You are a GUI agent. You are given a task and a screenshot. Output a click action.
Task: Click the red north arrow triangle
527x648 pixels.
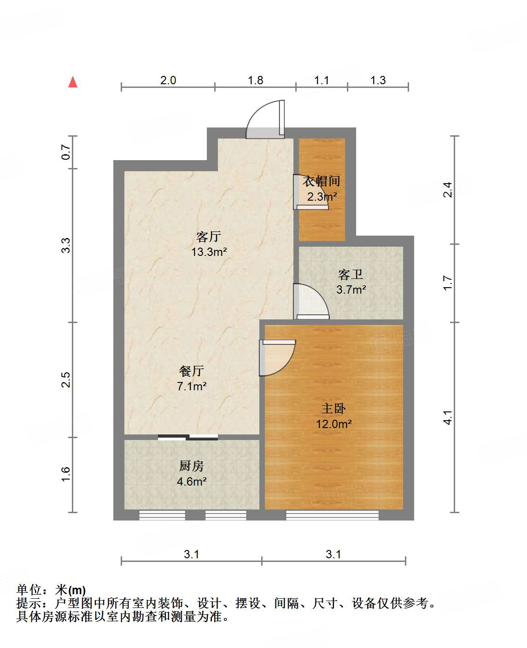coord(73,82)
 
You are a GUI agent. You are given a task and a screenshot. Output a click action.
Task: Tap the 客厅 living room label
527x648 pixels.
coord(209,237)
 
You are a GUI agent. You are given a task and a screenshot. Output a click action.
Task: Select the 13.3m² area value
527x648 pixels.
coord(209,252)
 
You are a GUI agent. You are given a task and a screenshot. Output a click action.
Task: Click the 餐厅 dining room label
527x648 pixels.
coord(192,371)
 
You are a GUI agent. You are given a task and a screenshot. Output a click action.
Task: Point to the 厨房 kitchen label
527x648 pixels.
coord(192,466)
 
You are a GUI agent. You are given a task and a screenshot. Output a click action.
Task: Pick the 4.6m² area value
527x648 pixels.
coord(192,481)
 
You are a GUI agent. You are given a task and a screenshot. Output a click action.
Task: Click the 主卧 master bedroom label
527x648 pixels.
coord(334,408)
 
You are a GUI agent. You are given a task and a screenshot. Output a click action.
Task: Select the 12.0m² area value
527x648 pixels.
coord(334,424)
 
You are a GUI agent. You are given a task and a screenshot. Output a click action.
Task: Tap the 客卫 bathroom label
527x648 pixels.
coord(351,275)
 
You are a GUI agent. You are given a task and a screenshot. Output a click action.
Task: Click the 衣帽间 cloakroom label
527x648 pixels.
coord(322,181)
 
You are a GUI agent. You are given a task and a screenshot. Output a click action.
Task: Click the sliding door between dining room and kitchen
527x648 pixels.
coord(188,437)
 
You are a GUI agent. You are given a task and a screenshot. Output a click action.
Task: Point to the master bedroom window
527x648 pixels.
coord(332,515)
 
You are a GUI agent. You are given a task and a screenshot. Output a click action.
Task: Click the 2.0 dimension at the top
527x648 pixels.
coord(168,80)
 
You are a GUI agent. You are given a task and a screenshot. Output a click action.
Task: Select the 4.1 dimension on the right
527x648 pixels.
coord(447,417)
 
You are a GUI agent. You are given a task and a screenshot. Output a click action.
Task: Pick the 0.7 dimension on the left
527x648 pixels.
coord(66,152)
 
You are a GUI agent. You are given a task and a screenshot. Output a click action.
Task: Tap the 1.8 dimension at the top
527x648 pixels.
coord(255,80)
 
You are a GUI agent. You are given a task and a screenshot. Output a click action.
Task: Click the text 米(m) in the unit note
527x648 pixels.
coord(70,590)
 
